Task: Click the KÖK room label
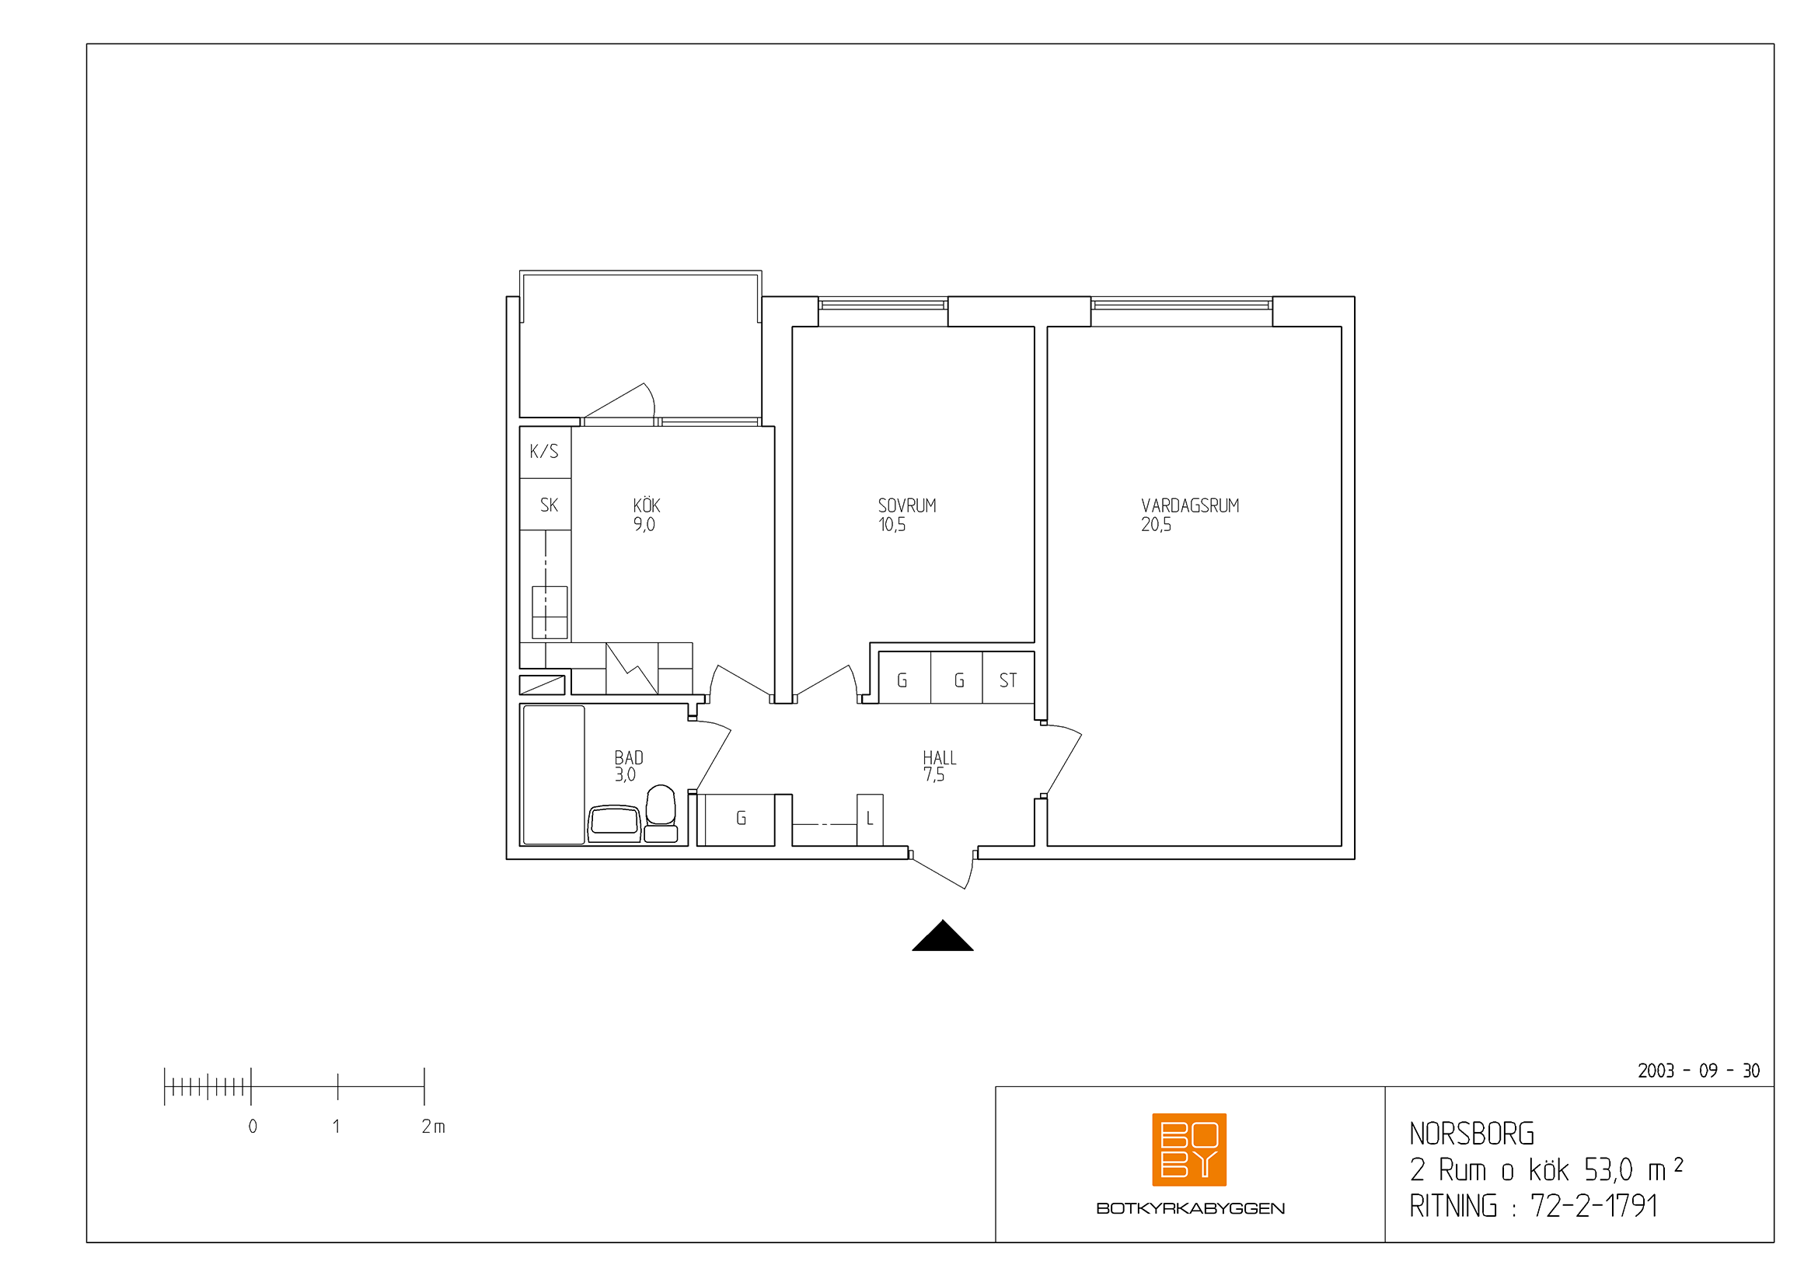646,505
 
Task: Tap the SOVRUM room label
906,505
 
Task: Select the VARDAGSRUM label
1189,505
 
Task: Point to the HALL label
939,758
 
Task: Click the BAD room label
629,758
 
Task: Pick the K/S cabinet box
545,453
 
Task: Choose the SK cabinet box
545,505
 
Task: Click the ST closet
1008,678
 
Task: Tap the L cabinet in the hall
870,819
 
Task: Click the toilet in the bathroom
661,813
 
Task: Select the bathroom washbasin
615,823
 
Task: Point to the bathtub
553,774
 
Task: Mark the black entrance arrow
942,936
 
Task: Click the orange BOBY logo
1188,1149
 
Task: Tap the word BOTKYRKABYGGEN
1190,1208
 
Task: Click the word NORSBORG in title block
1471,1134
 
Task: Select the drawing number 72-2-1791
1593,1205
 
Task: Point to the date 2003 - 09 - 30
1698,1071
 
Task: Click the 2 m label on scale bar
433,1126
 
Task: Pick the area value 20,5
1156,524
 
